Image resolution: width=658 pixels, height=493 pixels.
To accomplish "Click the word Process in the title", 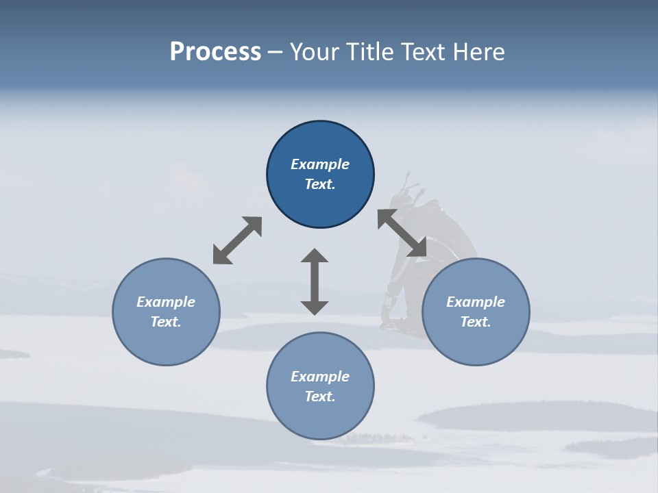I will (x=215, y=52).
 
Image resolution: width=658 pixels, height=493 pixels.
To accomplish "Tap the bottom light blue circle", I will (x=320, y=418).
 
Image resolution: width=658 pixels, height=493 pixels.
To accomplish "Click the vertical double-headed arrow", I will (x=315, y=281).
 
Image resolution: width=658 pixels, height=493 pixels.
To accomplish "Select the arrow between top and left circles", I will (x=237, y=240).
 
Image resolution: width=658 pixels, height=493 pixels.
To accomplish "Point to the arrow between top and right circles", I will (x=402, y=233).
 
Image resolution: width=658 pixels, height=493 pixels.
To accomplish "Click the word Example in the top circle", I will (x=320, y=164).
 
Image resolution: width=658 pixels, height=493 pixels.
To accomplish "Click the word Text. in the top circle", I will (x=320, y=184).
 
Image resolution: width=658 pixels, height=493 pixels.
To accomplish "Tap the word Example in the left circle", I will (x=166, y=302).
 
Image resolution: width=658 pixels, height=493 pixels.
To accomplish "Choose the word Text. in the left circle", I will (x=166, y=322).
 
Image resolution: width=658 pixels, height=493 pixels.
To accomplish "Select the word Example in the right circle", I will (x=476, y=302).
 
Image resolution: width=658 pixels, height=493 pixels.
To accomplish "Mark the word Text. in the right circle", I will (x=476, y=322).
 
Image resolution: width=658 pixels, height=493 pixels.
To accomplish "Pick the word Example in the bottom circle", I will (x=320, y=377).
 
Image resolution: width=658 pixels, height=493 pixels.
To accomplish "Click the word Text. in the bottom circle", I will (x=320, y=396).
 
